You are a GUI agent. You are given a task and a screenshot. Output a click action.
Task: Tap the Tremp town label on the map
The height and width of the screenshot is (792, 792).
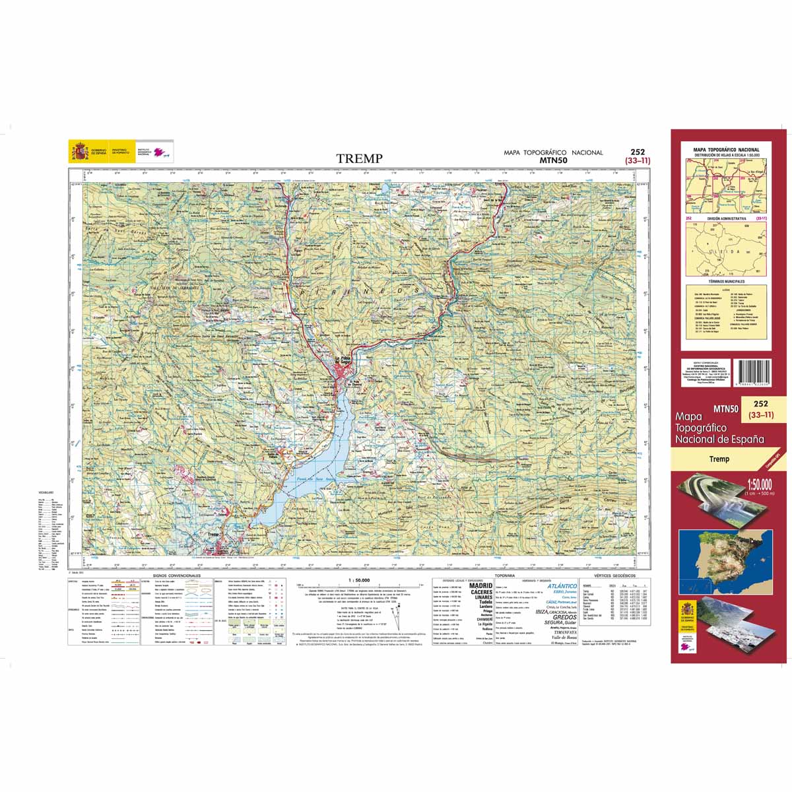pos(213,535)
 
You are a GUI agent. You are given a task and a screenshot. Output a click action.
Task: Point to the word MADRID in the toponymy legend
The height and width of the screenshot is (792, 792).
pos(480,585)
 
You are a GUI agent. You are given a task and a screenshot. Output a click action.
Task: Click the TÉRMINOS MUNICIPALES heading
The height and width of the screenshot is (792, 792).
pos(725,281)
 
